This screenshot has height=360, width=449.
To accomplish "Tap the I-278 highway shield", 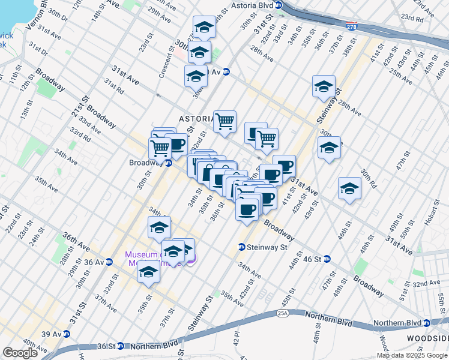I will pyautogui.click(x=353, y=26).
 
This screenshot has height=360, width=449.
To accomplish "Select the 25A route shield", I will pyautogui.click(x=283, y=313).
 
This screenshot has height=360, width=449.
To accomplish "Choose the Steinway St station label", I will pyautogui.click(x=264, y=247).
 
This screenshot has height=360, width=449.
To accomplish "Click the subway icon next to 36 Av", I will pyautogui.click(x=109, y=262).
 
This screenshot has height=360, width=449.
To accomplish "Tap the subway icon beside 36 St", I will pyautogui.click(x=120, y=346).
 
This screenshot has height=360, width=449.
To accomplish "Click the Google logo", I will pyautogui.click(x=20, y=353).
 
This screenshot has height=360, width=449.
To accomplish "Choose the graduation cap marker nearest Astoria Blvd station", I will pyautogui.click(x=204, y=27).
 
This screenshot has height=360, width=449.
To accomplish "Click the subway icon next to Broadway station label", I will pyautogui.click(x=169, y=163).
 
